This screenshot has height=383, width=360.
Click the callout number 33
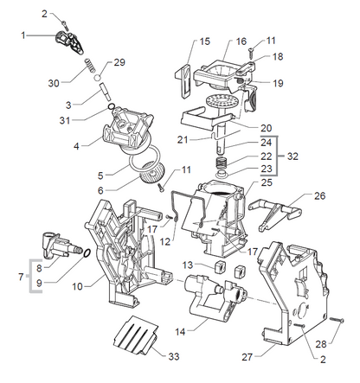click(x=174, y=356)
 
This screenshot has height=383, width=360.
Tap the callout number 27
click(x=247, y=357)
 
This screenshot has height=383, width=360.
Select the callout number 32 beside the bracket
click(x=292, y=156)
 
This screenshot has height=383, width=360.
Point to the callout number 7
click(x=21, y=277)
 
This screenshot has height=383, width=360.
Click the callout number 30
click(x=54, y=83)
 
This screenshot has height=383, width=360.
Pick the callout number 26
click(x=319, y=196)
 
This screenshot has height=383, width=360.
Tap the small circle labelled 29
click(x=98, y=77)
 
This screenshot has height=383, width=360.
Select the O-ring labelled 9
click(x=87, y=253)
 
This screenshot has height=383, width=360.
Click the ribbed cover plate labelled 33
click(x=136, y=335)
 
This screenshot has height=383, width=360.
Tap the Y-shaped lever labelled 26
click(x=274, y=214)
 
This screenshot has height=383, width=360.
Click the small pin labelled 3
click(x=105, y=92)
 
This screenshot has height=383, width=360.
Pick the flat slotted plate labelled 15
click(x=183, y=80)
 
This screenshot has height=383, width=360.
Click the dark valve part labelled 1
click(x=69, y=41)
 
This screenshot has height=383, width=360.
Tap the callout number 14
click(x=180, y=332)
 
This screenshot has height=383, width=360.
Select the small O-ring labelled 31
click(x=111, y=107)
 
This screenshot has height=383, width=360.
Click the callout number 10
click(x=77, y=286)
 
